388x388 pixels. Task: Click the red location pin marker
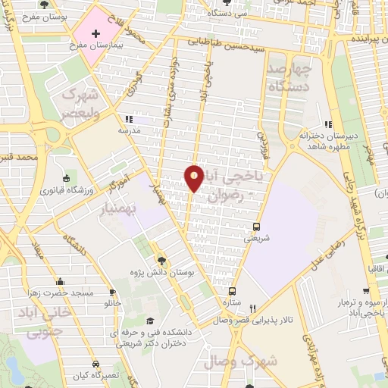[x=195, y=178]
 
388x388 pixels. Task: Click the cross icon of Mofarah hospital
[x=95, y=34]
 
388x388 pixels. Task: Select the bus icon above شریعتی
[x=256, y=227]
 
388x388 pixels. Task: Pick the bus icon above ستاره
[x=232, y=292]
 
